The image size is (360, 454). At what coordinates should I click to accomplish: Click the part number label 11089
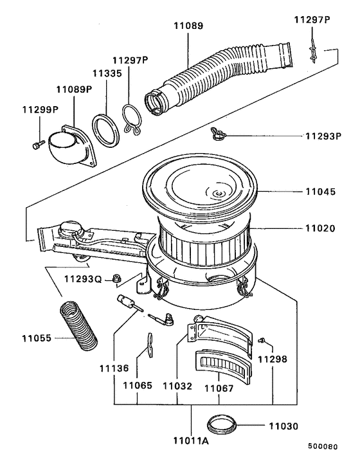[x=188, y=26]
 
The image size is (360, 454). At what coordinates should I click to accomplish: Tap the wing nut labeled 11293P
[x=217, y=134]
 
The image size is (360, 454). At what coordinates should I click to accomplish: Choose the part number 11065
[x=139, y=388]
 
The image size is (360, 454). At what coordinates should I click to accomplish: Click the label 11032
[x=177, y=388]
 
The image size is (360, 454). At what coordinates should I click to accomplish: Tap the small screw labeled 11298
[x=262, y=340]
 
